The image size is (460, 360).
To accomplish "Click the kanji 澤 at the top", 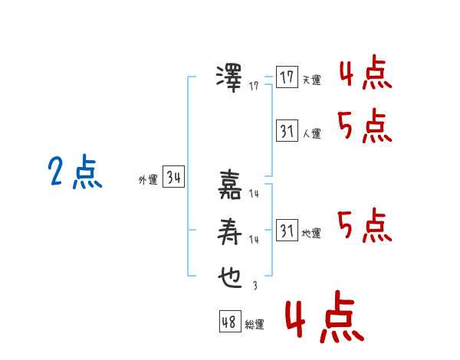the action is coord(229,79).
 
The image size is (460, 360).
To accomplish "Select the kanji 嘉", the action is coord(230,185).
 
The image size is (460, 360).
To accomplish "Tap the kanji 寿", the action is coord(229,231).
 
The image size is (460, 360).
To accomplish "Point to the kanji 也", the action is coord(230,277).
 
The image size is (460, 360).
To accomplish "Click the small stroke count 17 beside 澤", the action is coord(254,86).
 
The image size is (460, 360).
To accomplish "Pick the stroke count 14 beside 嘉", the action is coord(254,194).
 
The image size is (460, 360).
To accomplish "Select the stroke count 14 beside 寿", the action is coord(254,240).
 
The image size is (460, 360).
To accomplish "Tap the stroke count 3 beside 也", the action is coord(255,286).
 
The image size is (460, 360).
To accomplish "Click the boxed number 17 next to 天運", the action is coord(287,77).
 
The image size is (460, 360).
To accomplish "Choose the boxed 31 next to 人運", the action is coord(287,130).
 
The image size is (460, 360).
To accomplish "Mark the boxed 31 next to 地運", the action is coord(287,230).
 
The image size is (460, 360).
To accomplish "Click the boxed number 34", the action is coord(174,176).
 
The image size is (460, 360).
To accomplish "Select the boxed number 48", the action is coord(230,322).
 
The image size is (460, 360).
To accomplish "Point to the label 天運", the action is coord(312,80).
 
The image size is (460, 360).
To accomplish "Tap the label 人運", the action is coord(312,133).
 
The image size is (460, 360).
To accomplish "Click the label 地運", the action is coord(311,233).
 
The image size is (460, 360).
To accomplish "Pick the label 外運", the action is coord(148,179).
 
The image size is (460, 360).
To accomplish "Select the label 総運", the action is coord(255,325).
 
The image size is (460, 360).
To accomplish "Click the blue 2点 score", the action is coord(75,172).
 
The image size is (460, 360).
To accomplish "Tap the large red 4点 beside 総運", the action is coord(325,316).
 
